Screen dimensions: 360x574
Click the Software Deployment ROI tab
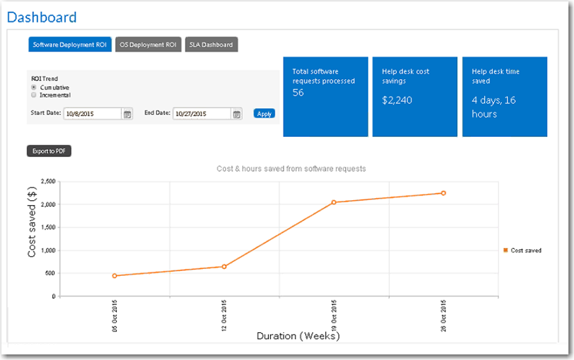[69, 44]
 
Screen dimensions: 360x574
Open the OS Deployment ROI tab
[147, 44]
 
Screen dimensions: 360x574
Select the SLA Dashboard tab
[211, 44]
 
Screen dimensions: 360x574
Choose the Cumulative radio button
[34, 88]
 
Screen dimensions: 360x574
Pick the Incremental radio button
[34, 95]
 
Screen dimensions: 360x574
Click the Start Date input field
[92, 113]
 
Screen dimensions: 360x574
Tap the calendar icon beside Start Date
[127, 114]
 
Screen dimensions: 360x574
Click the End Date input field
[202, 113]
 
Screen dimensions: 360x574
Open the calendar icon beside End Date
[236, 114]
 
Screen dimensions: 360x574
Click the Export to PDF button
[49, 151]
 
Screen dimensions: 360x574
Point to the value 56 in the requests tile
[298, 93]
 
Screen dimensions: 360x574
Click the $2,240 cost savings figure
[397, 100]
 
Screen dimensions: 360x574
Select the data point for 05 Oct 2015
[115, 276]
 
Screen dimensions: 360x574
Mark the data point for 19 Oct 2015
[334, 202]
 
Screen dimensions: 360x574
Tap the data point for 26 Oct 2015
[443, 193]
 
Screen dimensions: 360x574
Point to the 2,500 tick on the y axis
[47, 181]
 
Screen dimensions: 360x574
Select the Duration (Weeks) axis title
[298, 336]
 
